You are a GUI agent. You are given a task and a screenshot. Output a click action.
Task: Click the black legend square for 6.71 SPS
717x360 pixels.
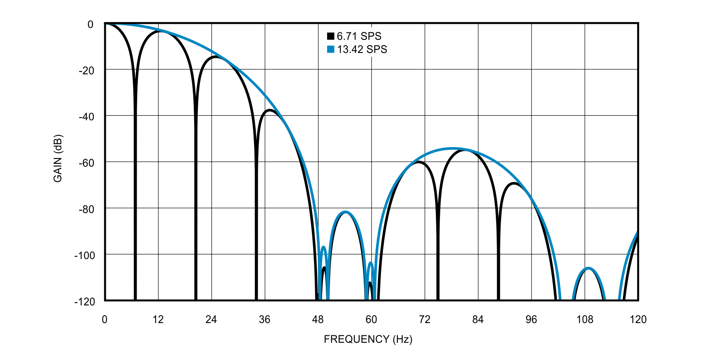(x=330, y=36)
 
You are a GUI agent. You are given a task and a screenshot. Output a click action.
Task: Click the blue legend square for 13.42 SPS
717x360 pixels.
(x=330, y=49)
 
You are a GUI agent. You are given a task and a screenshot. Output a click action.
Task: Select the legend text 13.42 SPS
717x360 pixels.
(x=362, y=49)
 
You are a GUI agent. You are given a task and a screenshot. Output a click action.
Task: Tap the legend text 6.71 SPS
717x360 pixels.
(x=359, y=36)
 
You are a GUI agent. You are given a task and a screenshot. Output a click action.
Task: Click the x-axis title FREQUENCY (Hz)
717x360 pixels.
(x=368, y=339)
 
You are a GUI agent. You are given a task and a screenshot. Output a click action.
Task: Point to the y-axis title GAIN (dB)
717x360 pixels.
(x=58, y=158)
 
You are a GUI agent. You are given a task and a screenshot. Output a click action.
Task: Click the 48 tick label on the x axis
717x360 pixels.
(x=318, y=319)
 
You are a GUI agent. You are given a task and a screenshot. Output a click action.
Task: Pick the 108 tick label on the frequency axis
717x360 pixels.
(x=584, y=319)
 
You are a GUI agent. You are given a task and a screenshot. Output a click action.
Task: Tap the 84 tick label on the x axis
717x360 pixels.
(x=478, y=319)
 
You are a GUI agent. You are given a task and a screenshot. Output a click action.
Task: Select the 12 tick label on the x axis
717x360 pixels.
(x=158, y=319)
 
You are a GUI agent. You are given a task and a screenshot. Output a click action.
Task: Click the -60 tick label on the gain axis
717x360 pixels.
(x=86, y=163)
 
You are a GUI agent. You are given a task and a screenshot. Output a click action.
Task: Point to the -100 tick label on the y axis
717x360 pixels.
(x=84, y=255)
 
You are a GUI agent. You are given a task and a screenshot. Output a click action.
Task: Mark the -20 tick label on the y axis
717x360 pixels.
(x=86, y=71)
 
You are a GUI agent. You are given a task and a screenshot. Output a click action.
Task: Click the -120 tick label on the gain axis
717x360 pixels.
(x=84, y=302)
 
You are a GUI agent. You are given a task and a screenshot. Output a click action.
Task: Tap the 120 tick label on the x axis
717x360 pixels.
(x=638, y=319)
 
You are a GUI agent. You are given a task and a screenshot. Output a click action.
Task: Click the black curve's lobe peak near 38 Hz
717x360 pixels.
(x=269, y=110)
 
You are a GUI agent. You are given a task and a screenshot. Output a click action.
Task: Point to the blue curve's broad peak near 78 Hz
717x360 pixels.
(x=452, y=148)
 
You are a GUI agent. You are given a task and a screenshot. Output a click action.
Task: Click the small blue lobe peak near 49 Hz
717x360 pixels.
(x=323, y=247)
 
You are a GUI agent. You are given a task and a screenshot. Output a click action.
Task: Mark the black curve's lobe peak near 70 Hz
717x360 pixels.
(x=419, y=162)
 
